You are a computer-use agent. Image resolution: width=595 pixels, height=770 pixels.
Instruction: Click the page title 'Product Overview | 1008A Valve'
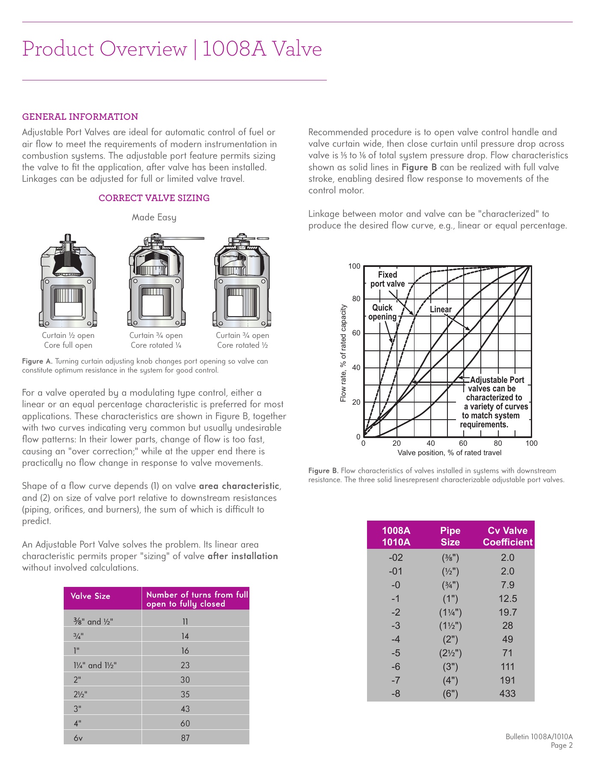[172, 49]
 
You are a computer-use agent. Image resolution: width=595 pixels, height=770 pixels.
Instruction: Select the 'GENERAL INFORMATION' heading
[80, 117]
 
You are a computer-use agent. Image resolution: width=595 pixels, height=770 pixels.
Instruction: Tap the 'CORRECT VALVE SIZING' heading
[154, 198]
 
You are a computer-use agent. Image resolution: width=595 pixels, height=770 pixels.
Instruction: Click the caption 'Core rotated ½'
[243, 345]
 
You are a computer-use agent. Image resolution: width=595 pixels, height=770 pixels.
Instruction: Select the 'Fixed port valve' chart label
[387, 279]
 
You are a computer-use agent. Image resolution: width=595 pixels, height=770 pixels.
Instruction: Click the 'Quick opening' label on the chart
[382, 312]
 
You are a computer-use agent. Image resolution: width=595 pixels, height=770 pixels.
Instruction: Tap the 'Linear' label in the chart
[441, 309]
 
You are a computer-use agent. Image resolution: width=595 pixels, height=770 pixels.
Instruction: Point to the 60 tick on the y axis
[356, 333]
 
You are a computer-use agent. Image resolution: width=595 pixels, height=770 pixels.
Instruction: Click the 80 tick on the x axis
[497, 443]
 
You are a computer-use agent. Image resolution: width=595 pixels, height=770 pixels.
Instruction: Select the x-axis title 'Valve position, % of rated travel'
[449, 453]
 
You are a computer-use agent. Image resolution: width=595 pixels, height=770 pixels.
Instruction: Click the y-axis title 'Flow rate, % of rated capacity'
[343, 353]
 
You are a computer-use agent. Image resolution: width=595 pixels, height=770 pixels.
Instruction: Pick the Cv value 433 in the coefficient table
[507, 693]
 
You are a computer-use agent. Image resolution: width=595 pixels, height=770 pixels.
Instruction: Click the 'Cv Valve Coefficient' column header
[507, 536]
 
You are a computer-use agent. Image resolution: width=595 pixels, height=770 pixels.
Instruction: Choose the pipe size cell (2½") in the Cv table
[450, 653]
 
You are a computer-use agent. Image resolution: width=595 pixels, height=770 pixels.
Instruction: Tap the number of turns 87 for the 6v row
[185, 738]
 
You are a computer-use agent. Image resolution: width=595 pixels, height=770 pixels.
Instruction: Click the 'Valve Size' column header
[90, 596]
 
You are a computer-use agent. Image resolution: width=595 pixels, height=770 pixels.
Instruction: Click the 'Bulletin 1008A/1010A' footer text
[539, 737]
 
